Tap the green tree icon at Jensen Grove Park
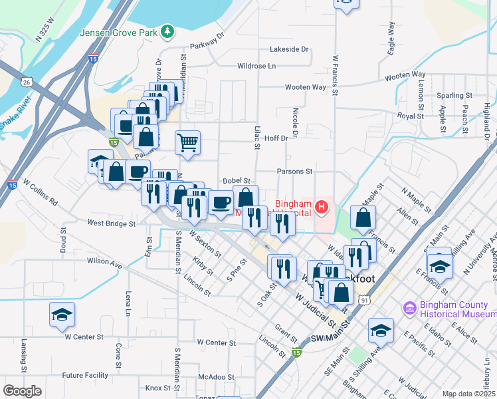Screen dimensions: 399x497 click(x=169, y=31)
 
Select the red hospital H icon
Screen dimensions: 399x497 click(x=322, y=207)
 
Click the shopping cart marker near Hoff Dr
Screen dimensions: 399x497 click(x=188, y=142)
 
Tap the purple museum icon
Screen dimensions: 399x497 click(x=409, y=309)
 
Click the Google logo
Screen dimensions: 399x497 click(x=22, y=391)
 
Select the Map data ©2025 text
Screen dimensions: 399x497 click(x=468, y=394)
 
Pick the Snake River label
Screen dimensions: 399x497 click(x=15, y=114)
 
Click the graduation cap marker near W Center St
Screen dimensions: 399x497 click(x=62, y=315)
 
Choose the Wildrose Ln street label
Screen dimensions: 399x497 click(x=256, y=66)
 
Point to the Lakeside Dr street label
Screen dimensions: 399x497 click(x=290, y=49)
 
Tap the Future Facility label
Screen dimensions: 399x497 click(x=85, y=375)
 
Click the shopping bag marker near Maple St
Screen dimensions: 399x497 click(x=363, y=217)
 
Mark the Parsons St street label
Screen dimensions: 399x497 click(x=294, y=171)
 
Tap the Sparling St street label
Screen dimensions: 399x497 click(x=453, y=95)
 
